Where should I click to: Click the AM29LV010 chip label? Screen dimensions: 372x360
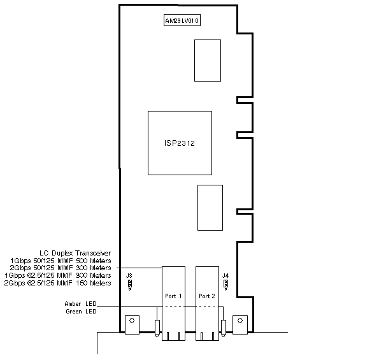tap(182, 20)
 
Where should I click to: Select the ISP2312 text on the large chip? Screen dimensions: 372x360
tap(180, 143)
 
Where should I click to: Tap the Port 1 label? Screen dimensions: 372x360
tap(173, 296)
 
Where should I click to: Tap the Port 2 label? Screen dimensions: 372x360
tap(207, 296)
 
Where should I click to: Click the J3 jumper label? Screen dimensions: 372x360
tap(129, 275)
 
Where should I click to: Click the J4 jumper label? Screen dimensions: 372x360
tap(225, 275)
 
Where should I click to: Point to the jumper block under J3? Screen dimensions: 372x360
tap(130, 285)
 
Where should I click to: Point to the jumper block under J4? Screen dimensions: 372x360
tap(226, 285)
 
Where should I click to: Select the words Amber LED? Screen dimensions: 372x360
tap(81, 304)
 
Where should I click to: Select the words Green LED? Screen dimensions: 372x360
tap(81, 312)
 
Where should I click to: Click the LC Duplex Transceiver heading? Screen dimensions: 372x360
tap(75, 253)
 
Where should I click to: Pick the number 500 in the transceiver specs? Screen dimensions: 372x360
tap(82, 261)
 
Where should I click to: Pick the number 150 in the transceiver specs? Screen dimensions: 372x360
tap(82, 283)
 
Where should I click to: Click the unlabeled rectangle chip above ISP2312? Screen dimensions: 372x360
tap(208, 61)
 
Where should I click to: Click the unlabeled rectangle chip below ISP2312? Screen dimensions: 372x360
tap(210, 208)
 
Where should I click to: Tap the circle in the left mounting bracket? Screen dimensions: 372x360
tap(132, 320)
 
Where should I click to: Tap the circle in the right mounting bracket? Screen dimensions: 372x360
tap(240, 320)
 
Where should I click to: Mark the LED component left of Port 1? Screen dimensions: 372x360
tap(157, 328)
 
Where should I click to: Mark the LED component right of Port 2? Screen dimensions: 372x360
tap(224, 328)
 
